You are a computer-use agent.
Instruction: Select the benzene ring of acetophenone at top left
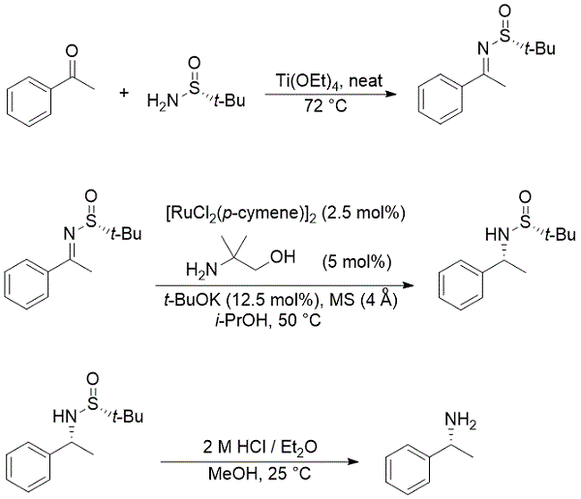click(x=32, y=101)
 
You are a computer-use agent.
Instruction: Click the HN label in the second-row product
click(x=468, y=233)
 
